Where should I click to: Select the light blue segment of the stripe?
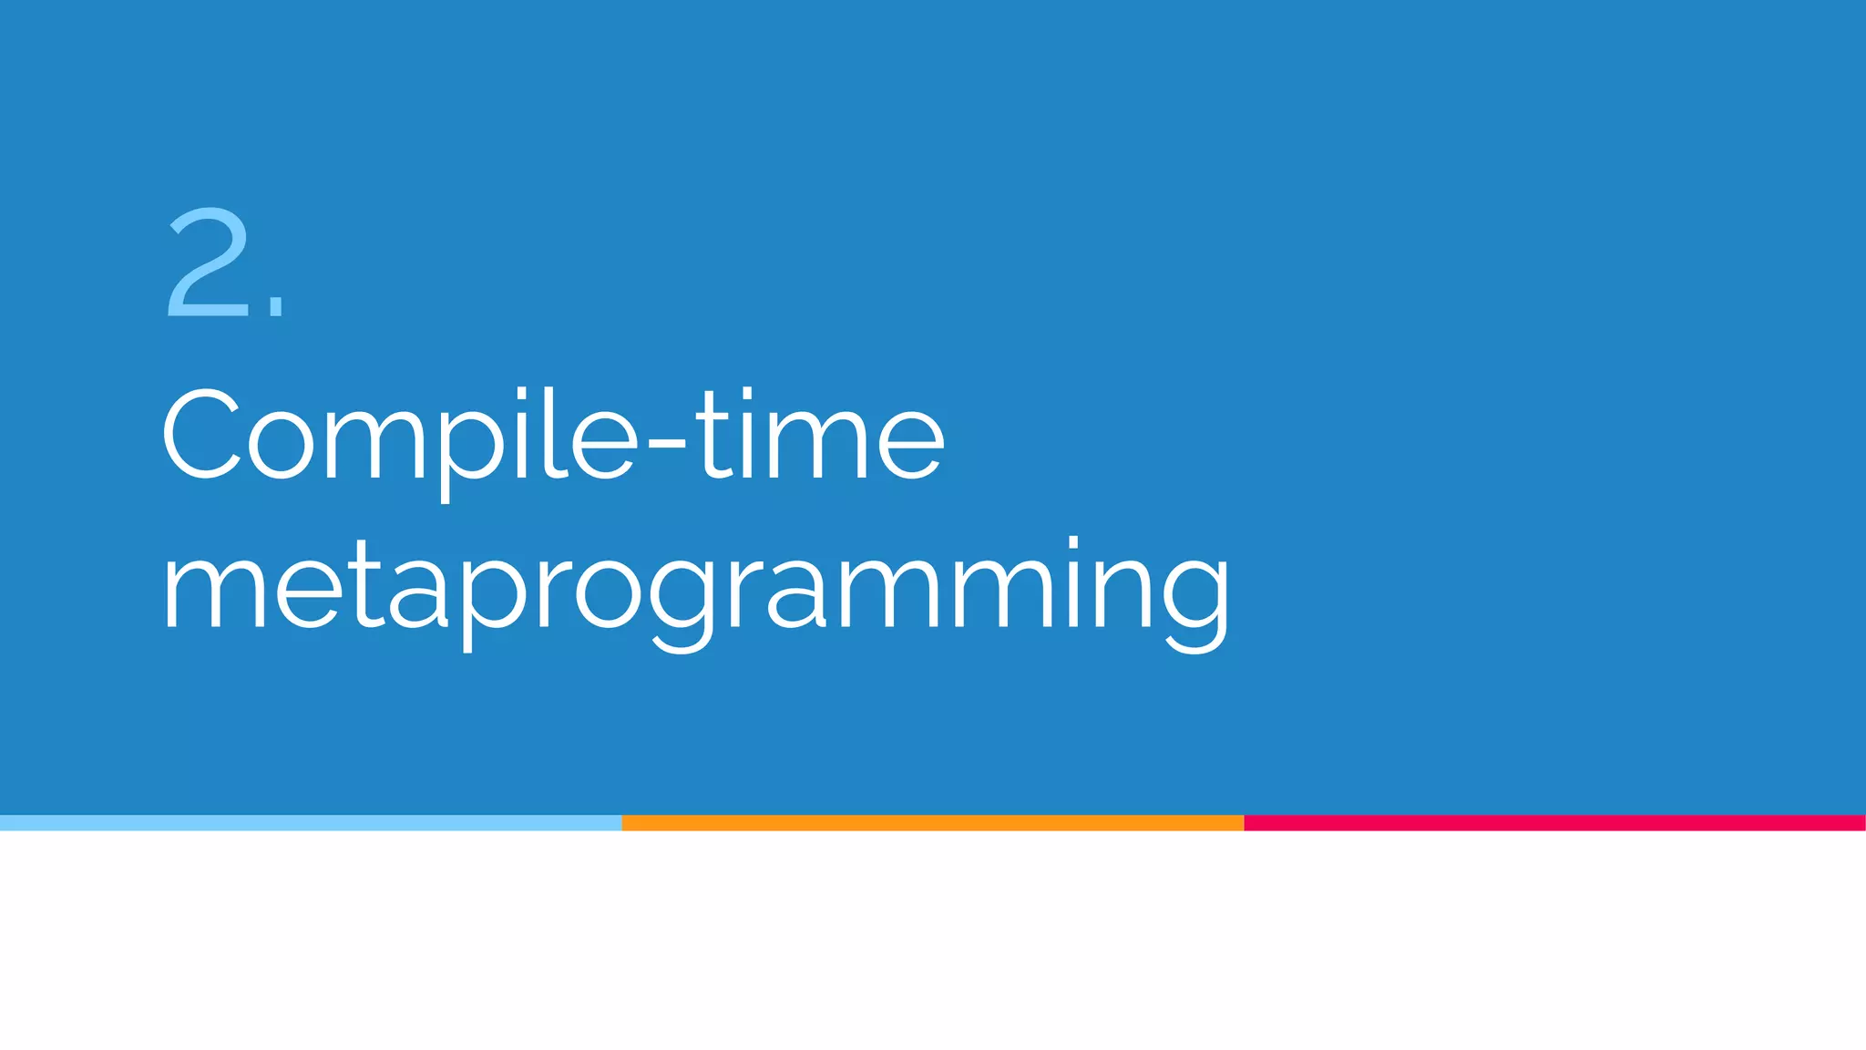(x=311, y=823)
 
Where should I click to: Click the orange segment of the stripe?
(x=932, y=823)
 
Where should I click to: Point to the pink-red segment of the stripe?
(x=1554, y=823)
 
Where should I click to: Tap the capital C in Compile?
(x=201, y=434)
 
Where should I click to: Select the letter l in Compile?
(x=551, y=432)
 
